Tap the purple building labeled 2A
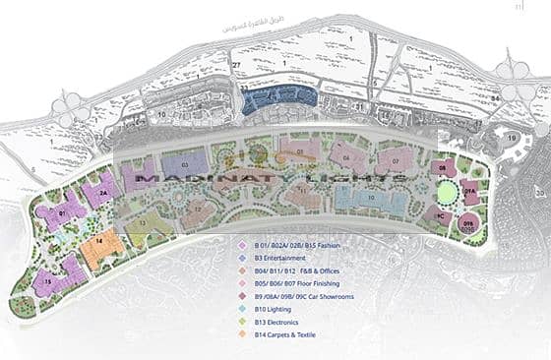(x=101, y=193)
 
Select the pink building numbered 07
(x=394, y=159)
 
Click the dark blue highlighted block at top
(x=279, y=97)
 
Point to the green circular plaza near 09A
(x=448, y=190)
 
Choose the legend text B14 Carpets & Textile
(x=295, y=335)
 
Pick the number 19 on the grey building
(x=513, y=140)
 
